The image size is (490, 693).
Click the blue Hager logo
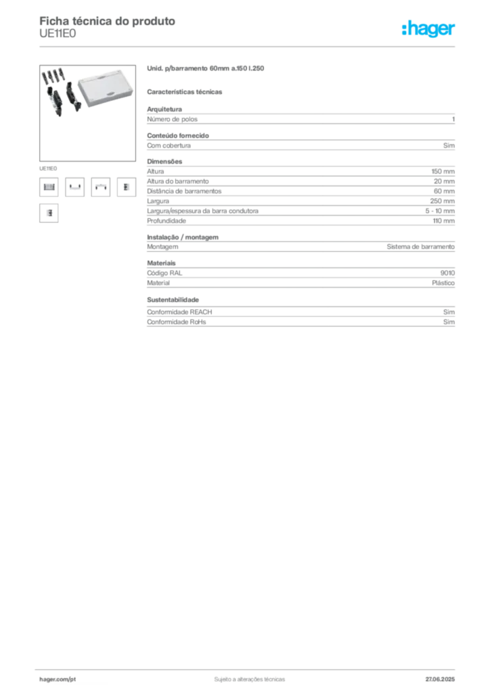429,30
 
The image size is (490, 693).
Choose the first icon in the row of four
48,187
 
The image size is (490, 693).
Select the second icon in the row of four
74,187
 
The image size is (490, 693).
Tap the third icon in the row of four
101,187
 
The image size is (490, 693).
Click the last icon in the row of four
126,187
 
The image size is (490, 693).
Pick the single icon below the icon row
48,213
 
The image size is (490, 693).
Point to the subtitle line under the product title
187,91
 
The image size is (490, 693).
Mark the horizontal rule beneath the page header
248,45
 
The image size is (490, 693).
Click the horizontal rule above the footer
248,667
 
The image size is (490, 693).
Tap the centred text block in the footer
247,677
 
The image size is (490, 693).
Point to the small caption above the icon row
48,166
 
